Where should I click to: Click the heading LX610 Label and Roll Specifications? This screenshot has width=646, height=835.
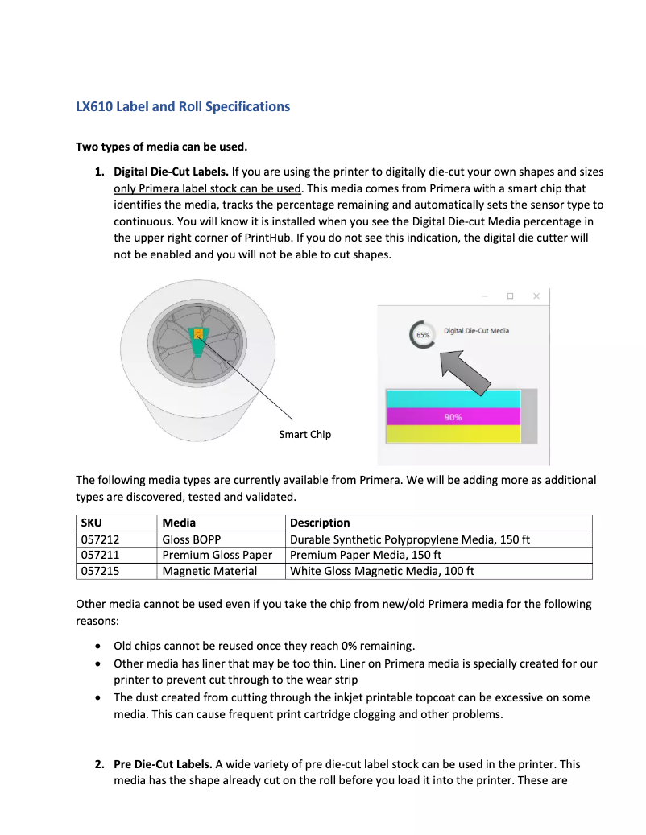click(x=183, y=106)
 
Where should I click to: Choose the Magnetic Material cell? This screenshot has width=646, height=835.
click(x=209, y=571)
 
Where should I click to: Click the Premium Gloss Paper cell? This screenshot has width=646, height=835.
click(x=217, y=555)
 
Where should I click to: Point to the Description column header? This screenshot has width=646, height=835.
click(x=320, y=523)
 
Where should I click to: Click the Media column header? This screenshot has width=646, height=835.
click(x=179, y=523)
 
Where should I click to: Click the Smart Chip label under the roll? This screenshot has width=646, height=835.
click(x=304, y=434)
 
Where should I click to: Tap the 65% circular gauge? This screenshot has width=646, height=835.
click(x=423, y=333)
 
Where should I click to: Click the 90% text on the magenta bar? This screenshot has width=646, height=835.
click(x=453, y=417)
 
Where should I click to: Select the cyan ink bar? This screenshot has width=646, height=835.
click(x=453, y=399)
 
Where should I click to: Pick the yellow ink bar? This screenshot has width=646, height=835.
click(x=453, y=434)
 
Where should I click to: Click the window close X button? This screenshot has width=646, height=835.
click(x=536, y=296)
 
